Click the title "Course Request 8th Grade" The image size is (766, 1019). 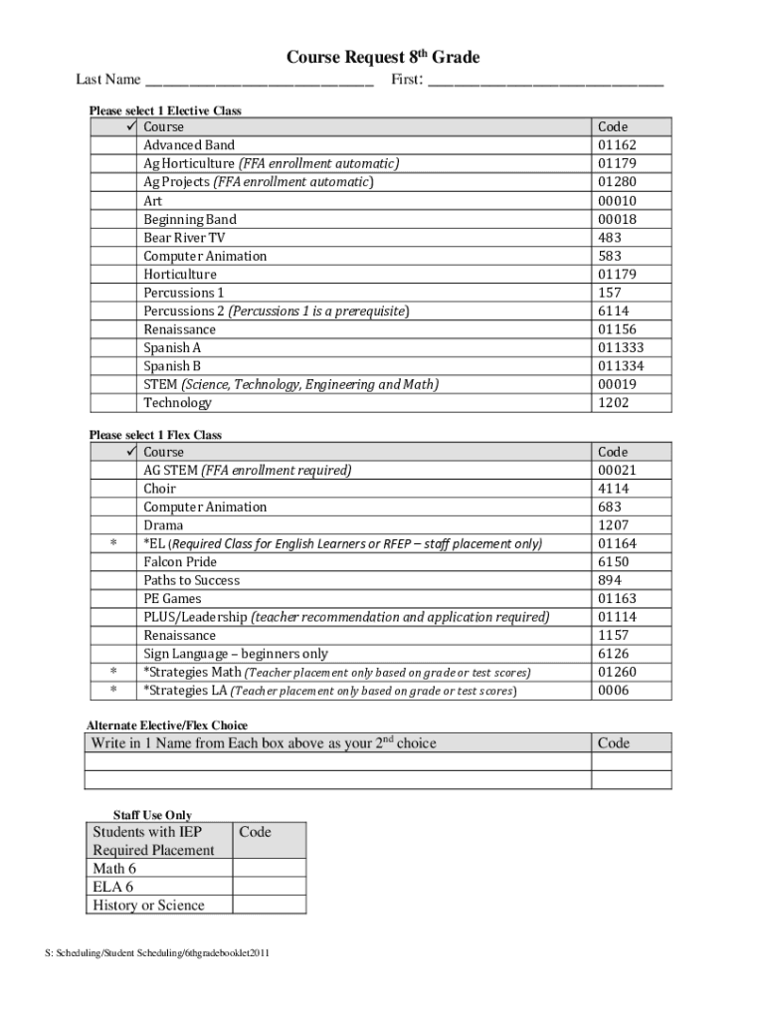pyautogui.click(x=383, y=59)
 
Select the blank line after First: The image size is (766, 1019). pyautogui.click(x=545, y=82)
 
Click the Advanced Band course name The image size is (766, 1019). pyautogui.click(x=189, y=145)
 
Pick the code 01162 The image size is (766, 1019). pyautogui.click(x=617, y=145)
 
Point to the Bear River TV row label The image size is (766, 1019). pyautogui.click(x=184, y=238)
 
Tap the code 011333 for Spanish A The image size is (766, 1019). pyautogui.click(x=621, y=348)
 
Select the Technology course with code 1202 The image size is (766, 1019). pyautogui.click(x=177, y=403)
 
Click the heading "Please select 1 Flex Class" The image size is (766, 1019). pyautogui.click(x=155, y=435)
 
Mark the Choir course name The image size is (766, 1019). pyautogui.click(x=159, y=489)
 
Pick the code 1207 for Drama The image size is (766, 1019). pyautogui.click(x=613, y=525)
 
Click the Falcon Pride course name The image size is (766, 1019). pyautogui.click(x=179, y=562)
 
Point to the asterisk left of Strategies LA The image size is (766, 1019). pyautogui.click(x=113, y=691)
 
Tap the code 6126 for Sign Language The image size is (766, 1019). pyautogui.click(x=613, y=654)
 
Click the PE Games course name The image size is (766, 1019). pyautogui.click(x=172, y=599)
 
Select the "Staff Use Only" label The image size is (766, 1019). pyautogui.click(x=152, y=815)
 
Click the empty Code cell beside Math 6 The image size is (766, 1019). pyautogui.click(x=269, y=869)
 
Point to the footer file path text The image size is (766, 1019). pyautogui.click(x=157, y=954)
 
